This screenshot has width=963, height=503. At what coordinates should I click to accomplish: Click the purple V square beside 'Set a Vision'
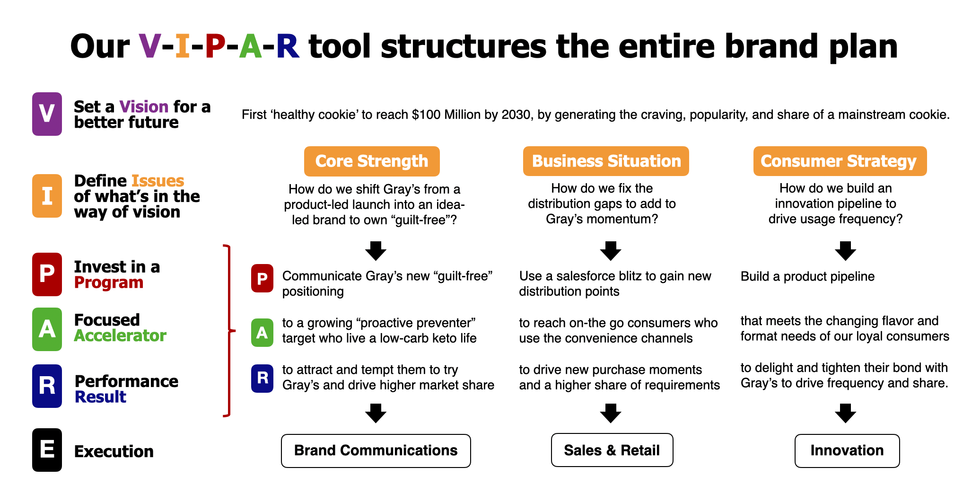[47, 114]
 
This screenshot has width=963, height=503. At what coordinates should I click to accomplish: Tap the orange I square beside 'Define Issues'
[47, 196]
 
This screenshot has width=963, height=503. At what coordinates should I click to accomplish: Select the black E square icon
[47, 450]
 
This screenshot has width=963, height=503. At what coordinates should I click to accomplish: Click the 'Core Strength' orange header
[372, 161]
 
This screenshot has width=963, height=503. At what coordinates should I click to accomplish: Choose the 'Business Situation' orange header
[606, 161]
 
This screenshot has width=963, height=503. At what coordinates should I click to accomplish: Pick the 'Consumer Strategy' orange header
[840, 161]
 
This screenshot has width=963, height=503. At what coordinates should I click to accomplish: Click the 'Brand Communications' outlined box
[376, 450]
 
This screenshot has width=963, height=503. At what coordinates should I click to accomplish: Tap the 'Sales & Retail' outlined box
[612, 450]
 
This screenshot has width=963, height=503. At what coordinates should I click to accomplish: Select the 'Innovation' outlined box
[847, 450]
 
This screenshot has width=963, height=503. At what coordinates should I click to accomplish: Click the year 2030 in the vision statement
[517, 115]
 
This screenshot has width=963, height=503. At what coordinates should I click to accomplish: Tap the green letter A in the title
[250, 46]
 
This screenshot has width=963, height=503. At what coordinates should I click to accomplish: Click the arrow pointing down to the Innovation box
[846, 413]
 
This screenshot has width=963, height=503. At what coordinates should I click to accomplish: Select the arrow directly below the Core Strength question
[376, 251]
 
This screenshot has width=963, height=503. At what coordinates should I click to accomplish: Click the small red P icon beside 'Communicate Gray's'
[262, 278]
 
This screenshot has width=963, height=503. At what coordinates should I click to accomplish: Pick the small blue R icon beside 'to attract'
[262, 378]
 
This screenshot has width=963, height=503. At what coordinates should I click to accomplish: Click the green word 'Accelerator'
[120, 335]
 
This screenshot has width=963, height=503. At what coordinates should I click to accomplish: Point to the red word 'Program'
[109, 282]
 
